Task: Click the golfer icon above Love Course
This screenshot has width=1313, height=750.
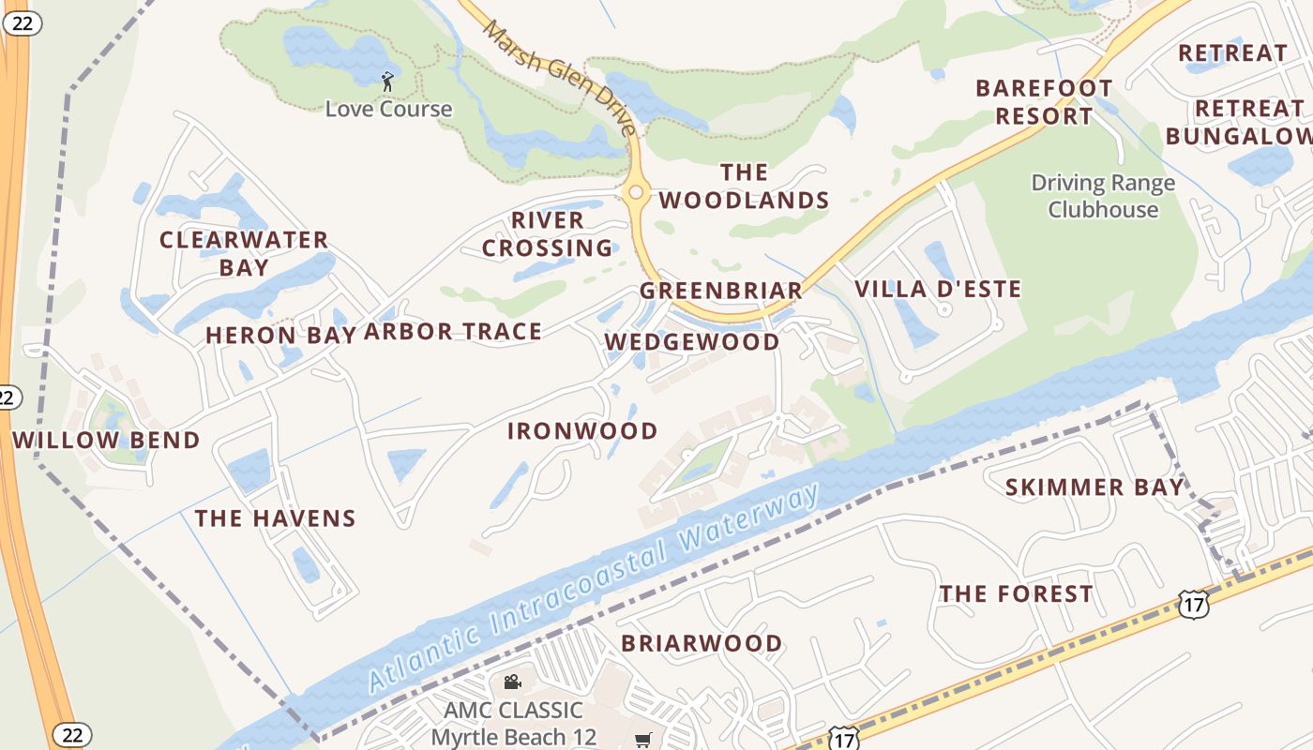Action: [387, 82]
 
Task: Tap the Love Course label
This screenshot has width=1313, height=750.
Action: [388, 109]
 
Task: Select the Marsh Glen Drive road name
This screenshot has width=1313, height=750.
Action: [560, 78]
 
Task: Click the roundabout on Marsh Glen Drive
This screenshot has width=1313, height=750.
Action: [636, 192]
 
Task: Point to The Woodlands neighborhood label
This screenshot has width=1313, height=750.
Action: [744, 187]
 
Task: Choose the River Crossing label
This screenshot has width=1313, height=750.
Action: [548, 234]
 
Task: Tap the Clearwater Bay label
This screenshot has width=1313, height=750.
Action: [244, 253]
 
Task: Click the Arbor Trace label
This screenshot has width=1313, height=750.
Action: [453, 331]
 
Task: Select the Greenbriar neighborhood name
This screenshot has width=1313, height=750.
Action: [721, 291]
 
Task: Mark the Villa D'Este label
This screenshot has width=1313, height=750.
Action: [938, 289]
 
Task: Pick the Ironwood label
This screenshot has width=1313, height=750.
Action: [582, 431]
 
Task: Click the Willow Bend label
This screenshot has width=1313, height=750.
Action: [106, 440]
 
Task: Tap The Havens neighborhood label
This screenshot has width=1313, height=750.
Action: [275, 518]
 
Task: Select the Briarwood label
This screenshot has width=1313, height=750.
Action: [702, 643]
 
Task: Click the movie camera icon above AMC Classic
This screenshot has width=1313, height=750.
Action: [512, 682]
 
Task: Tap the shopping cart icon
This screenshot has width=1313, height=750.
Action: [642, 741]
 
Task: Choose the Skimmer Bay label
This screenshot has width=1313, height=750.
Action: [1094, 487]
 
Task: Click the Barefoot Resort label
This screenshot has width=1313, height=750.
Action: [1044, 102]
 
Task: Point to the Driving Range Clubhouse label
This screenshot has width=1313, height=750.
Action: [1103, 196]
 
